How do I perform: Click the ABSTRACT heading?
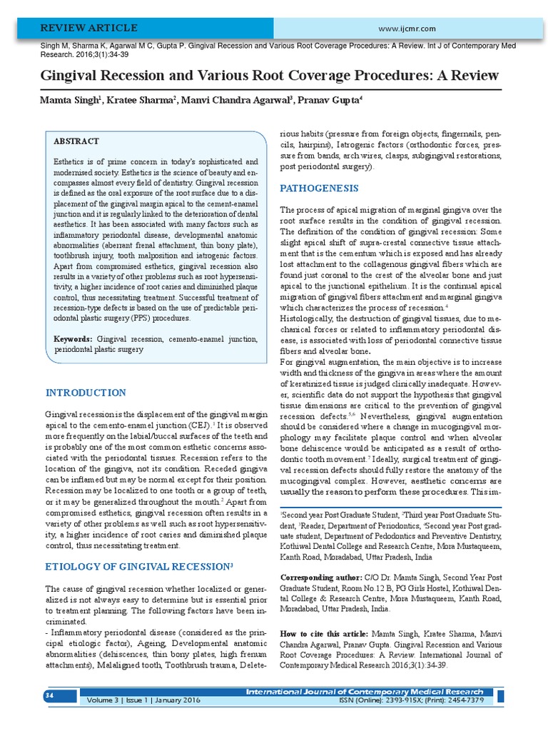(x=76, y=141)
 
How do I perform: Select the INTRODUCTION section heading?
(x=86, y=393)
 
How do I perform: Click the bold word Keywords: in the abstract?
(x=73, y=338)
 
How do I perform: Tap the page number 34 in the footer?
(x=49, y=695)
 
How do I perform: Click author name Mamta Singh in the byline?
(x=68, y=100)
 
